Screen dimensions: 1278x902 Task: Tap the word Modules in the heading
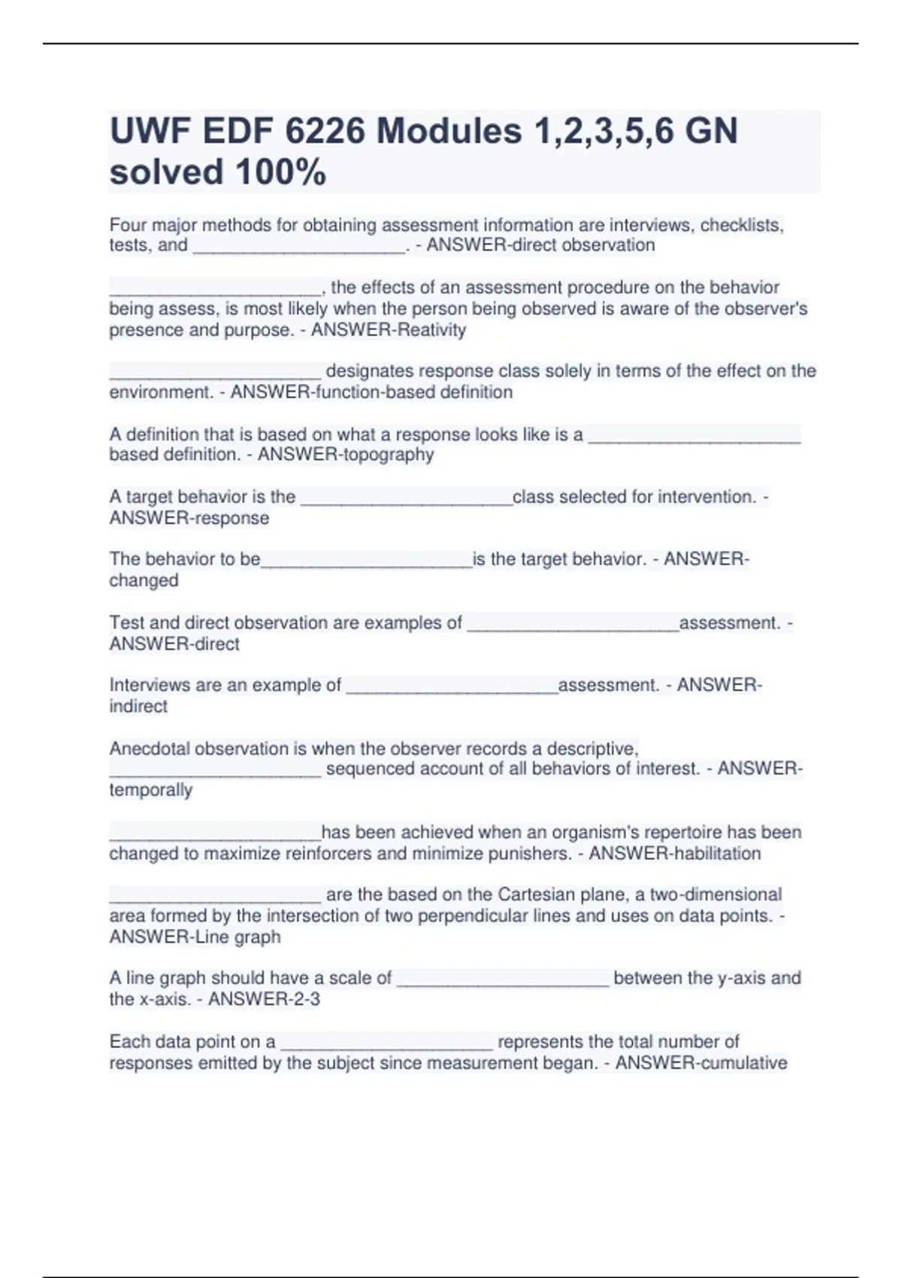click(x=449, y=132)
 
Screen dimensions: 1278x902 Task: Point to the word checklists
click(x=742, y=225)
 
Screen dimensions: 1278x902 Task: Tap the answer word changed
click(x=144, y=580)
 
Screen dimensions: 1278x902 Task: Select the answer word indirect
click(x=138, y=706)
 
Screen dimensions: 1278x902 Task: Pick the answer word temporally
click(x=150, y=790)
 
